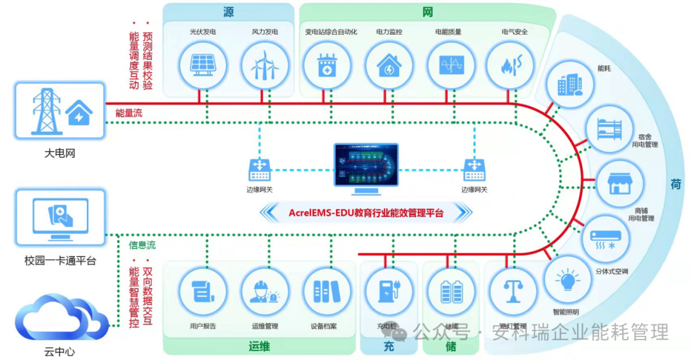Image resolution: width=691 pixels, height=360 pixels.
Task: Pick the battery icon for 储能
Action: coord(450,292)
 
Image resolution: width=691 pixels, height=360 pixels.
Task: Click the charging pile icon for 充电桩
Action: coord(388,292)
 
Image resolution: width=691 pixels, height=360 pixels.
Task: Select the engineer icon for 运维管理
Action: coord(264,292)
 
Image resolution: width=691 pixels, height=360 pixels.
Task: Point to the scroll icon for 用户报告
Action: coord(202,292)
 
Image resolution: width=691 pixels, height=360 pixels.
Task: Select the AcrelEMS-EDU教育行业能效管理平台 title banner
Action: coord(366,212)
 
